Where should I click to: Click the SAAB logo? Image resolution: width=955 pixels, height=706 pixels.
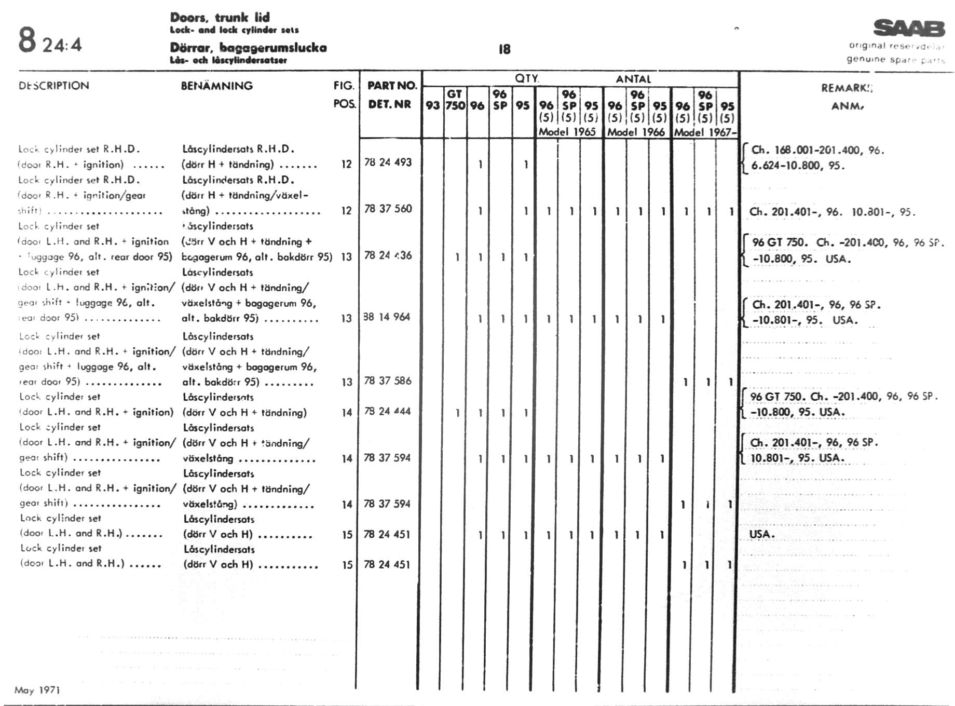coord(909,29)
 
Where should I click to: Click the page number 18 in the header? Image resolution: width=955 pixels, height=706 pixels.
coord(504,49)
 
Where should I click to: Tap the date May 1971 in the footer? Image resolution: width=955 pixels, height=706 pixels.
coord(37,690)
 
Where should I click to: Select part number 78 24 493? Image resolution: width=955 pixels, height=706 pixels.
coord(388,162)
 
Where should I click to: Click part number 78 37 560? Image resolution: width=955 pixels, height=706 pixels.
coord(388,209)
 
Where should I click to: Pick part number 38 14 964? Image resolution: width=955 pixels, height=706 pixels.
coord(387,317)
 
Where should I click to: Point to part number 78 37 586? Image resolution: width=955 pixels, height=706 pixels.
coord(388,381)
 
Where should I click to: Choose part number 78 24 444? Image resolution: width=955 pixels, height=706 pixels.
coord(387,412)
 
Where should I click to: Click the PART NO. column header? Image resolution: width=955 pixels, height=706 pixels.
coord(392,86)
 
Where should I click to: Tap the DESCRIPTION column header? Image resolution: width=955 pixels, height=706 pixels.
coord(54,86)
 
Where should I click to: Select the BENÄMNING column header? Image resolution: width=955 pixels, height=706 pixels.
coord(217,86)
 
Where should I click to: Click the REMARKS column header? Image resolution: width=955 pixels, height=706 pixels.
coord(847,88)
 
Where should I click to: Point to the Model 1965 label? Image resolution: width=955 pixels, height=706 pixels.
coord(567,132)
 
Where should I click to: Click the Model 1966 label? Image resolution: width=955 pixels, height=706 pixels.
coord(636,132)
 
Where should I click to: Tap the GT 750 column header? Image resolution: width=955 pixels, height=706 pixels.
coord(455,100)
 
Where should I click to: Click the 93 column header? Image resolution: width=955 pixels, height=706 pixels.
coord(432,105)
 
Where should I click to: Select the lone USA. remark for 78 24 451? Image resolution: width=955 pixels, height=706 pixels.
coord(761,534)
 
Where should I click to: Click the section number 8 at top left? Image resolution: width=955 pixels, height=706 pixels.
coord(27,40)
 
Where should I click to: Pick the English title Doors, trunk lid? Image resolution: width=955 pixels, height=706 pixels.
coord(220,17)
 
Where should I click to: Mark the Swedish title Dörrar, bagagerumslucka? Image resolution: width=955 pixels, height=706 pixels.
coord(248,48)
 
